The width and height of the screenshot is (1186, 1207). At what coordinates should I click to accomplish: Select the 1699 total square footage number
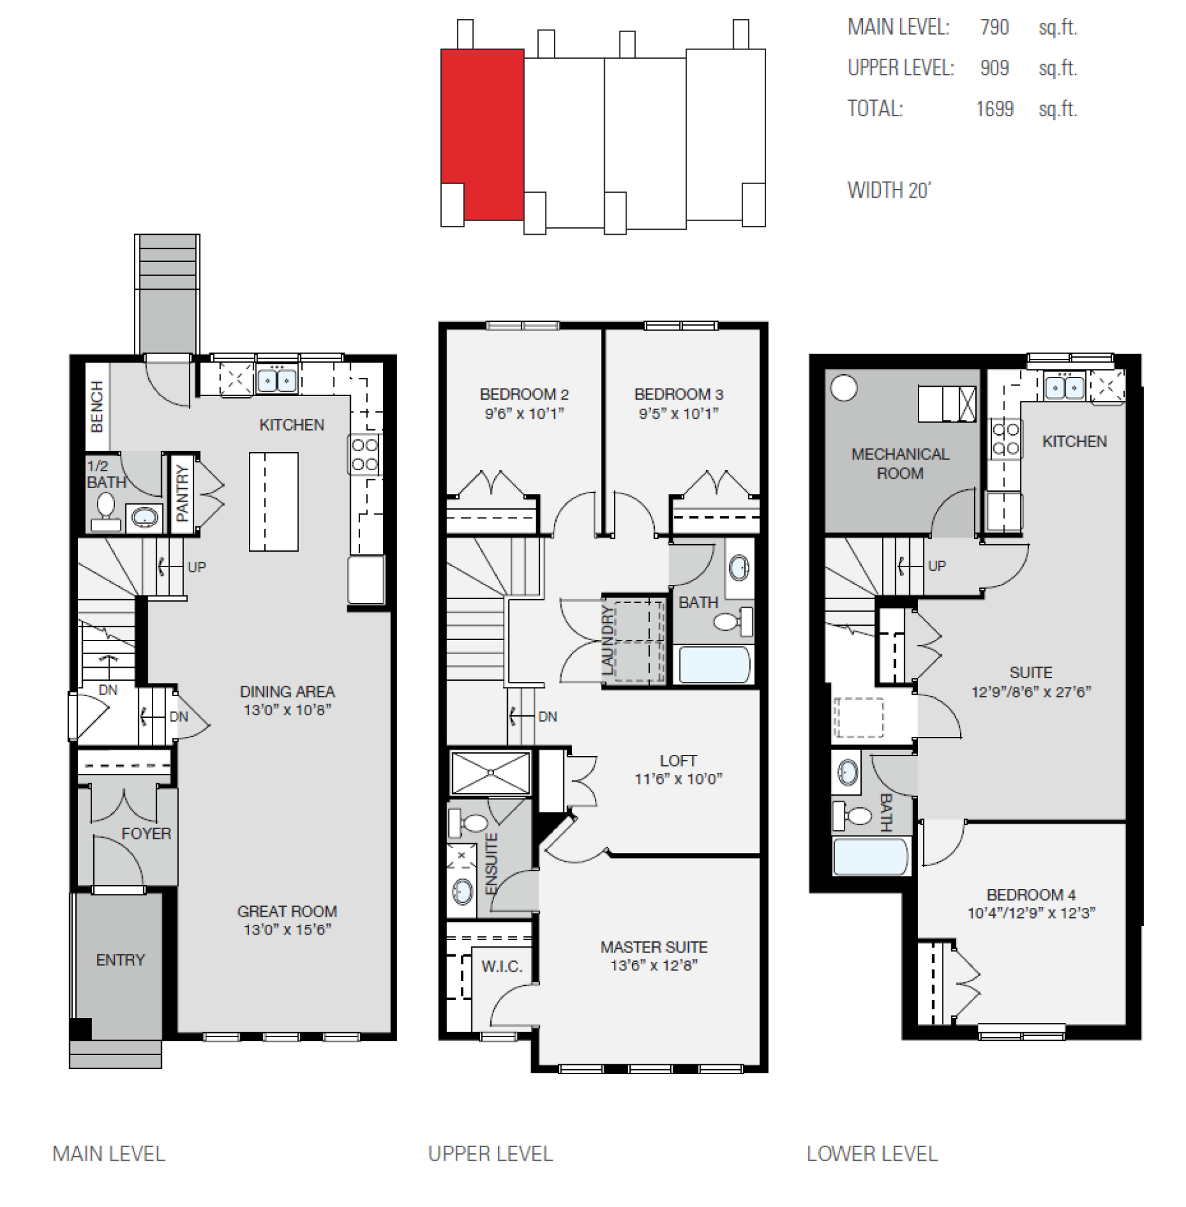point(994,109)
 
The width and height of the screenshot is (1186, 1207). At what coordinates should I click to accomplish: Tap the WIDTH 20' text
point(889,190)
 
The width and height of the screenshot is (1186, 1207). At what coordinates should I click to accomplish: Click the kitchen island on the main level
point(274,502)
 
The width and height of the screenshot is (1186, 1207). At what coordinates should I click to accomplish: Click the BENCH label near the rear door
point(96,406)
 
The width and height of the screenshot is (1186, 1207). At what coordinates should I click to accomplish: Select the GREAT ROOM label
point(287,911)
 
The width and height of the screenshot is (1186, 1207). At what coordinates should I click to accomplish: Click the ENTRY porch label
point(120,960)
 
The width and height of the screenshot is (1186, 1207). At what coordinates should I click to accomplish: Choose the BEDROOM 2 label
point(524,394)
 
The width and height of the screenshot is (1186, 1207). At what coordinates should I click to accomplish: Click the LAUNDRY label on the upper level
point(607,639)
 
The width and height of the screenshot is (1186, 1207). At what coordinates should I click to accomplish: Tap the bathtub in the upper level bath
point(714,665)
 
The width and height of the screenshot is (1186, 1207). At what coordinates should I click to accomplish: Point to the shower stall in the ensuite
point(490,773)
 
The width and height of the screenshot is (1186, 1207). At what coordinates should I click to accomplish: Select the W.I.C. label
point(502,967)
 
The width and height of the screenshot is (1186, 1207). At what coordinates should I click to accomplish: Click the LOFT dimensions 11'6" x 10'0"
point(678,778)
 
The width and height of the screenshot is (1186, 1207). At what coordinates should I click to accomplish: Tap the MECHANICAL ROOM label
point(900,463)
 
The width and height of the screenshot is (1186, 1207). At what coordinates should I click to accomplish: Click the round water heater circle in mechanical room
point(844,387)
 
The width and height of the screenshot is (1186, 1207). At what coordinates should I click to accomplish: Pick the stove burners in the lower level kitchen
point(1005,439)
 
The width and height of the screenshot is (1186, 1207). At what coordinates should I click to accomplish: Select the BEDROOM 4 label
point(1031,894)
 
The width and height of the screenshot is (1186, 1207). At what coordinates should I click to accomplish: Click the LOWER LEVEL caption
point(872,1153)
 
